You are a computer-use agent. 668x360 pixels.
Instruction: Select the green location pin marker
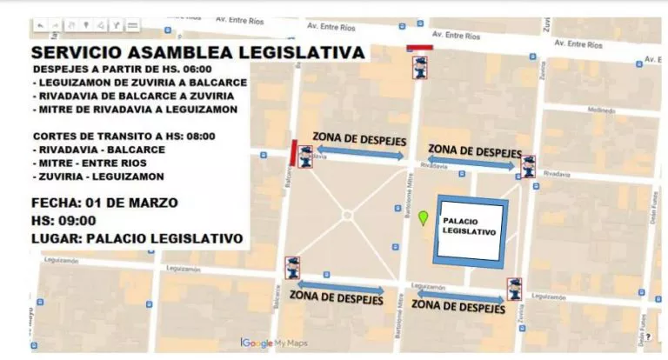pyautogui.click(x=424, y=218)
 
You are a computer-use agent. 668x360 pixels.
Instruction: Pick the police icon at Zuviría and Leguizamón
pyautogui.click(x=515, y=288)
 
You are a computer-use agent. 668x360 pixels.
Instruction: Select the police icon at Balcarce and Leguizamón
pyautogui.click(x=293, y=267)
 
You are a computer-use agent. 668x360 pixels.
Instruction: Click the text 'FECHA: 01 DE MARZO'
pyautogui.click(x=104, y=203)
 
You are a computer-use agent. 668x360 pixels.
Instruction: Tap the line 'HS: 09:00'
pyautogui.click(x=63, y=220)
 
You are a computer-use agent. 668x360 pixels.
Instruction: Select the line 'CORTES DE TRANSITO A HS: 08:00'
pyautogui.click(x=124, y=136)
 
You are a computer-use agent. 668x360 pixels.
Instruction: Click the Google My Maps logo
pyautogui.click(x=274, y=343)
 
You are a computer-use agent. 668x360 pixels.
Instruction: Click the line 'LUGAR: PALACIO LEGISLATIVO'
pyautogui.click(x=137, y=237)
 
